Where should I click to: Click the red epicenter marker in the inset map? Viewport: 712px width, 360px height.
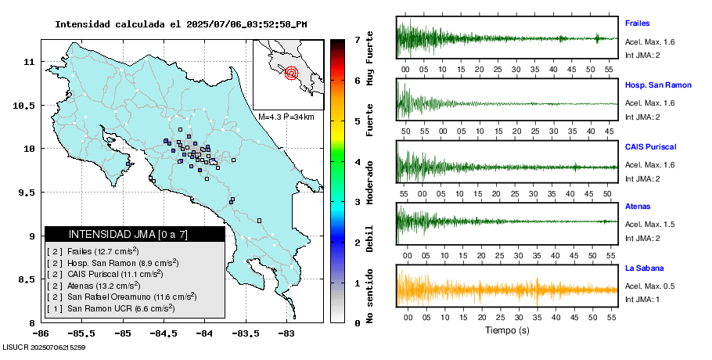tap(292, 74)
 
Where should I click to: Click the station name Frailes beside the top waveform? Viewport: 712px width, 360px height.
tap(638, 23)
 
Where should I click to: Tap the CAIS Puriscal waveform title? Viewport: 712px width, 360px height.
tap(650, 146)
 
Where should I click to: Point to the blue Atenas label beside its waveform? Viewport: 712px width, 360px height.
tap(638, 207)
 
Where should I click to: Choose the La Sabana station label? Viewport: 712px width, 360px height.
tap(643, 268)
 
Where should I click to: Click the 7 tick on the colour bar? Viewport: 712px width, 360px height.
tap(357, 39)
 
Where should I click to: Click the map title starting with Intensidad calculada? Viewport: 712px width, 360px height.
tap(181, 24)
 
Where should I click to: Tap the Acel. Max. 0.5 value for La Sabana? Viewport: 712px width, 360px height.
tap(649, 285)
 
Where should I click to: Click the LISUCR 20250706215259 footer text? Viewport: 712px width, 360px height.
tap(44, 347)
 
